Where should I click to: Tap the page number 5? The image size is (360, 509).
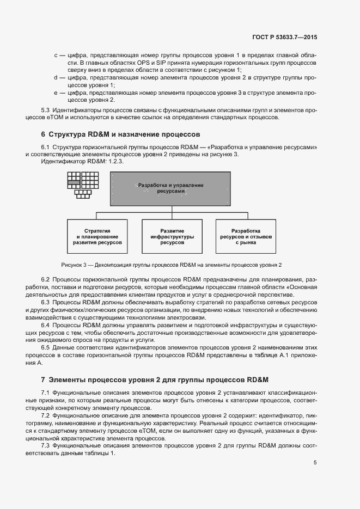coord(315,463)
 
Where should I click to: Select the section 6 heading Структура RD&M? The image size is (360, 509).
coord(120,134)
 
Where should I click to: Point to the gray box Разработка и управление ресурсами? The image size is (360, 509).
coord(170,189)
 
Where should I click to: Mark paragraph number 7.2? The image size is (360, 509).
coord(47,415)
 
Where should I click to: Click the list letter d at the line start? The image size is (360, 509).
coord(56,78)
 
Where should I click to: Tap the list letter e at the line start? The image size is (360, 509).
coord(56,93)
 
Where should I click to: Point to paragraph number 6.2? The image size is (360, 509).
coord(47,279)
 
